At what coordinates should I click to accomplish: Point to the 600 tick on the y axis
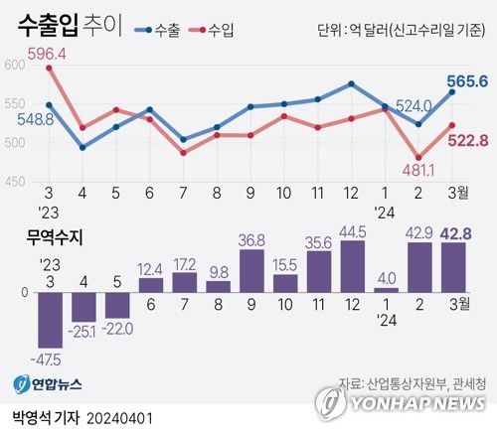coord(15,65)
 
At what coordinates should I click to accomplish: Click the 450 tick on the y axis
coord(15,182)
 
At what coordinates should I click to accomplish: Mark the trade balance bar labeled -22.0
coord(117,304)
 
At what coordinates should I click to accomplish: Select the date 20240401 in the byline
coord(119,418)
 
